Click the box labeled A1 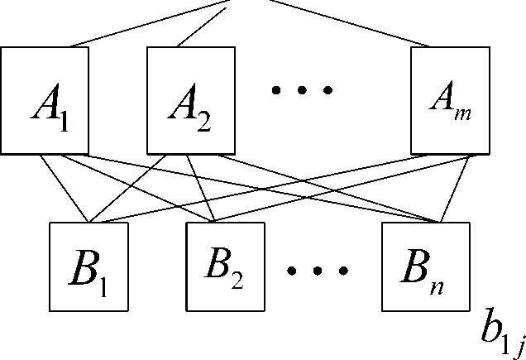pyautogui.click(x=45, y=101)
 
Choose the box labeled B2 pyautogui.click(x=227, y=264)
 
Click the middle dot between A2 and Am pyautogui.click(x=304, y=89)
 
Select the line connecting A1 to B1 pyautogui.click(x=70, y=190)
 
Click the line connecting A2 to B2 pyautogui.click(x=202, y=189)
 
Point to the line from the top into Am pyautogui.click(x=347, y=22)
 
